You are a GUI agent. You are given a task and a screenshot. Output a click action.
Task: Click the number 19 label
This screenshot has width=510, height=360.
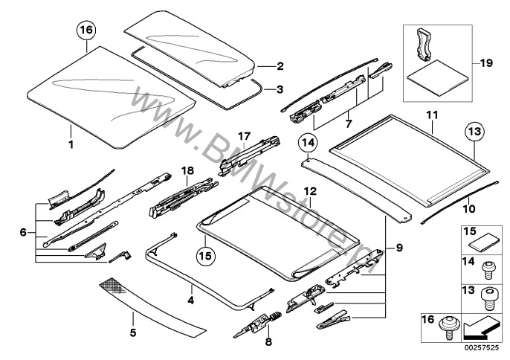487,65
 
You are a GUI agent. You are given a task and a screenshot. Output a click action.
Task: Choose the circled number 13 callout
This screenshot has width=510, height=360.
475,132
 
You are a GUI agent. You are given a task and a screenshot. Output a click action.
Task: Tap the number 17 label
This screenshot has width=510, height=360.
245,135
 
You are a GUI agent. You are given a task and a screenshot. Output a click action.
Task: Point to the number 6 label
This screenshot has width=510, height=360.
23,232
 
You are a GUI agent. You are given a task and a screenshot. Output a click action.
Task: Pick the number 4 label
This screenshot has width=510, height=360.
190,301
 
